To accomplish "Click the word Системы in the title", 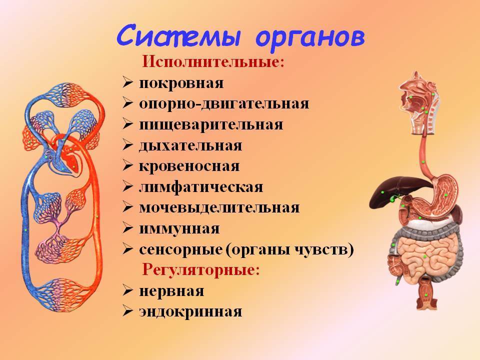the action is (x=178, y=35).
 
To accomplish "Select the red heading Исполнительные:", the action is (x=213, y=62).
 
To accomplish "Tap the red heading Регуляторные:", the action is (x=201, y=270).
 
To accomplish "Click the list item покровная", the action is (x=181, y=83).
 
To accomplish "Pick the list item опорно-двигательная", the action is (x=224, y=104).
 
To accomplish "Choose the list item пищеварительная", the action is (x=211, y=124).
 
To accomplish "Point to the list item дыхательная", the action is (x=190, y=145).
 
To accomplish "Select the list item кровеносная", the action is (x=189, y=166).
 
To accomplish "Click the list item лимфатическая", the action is (x=201, y=187).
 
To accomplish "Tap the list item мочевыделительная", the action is (x=219, y=208).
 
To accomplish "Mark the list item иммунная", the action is (x=179, y=228).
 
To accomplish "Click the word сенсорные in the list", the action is (x=180, y=250).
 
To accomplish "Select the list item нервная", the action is (x=171, y=291).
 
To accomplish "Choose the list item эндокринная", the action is (x=190, y=311).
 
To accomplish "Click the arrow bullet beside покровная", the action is (x=127, y=83).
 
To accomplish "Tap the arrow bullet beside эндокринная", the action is (x=127, y=311).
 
